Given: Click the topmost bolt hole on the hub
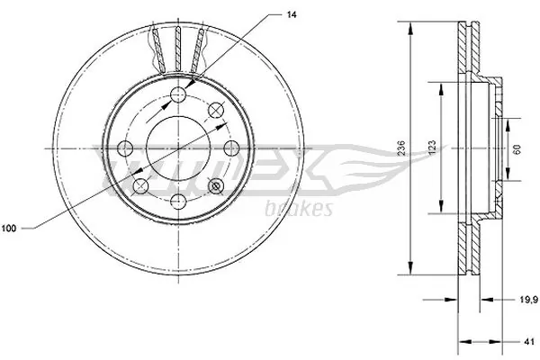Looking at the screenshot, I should (x=178, y=97).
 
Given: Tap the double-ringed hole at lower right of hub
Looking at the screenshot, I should (x=215, y=185).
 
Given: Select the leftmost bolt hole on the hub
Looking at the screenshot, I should (x=125, y=148).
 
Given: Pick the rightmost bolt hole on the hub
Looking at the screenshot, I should (x=230, y=148).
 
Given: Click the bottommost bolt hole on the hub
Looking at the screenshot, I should (x=178, y=199).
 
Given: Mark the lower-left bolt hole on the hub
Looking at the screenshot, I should (x=140, y=185).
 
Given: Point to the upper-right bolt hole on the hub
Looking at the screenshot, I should (x=215, y=110).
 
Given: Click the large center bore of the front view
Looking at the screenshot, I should (x=178, y=148).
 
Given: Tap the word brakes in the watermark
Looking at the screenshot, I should (x=301, y=209).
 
